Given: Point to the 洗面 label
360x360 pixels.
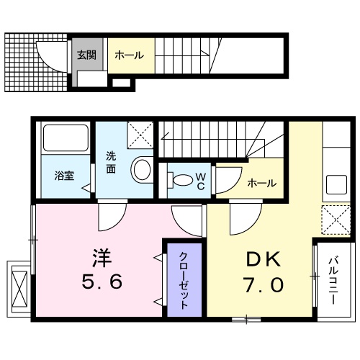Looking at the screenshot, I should [112, 162].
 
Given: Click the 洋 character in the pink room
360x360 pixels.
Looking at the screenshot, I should [100, 256].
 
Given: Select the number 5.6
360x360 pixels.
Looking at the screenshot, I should [101, 282].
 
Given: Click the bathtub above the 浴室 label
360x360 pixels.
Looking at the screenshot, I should [65, 138].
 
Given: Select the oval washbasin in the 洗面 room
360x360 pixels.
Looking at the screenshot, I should [141, 170].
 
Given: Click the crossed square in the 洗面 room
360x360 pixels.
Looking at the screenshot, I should [140, 134].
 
